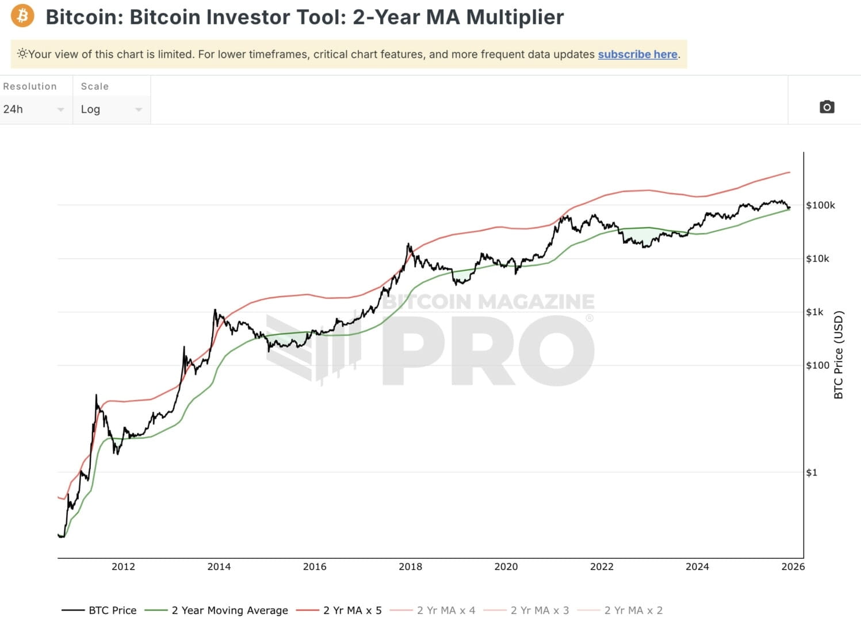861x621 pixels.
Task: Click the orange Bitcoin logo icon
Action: pos(22,16)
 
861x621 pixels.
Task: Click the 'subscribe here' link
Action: pos(637,54)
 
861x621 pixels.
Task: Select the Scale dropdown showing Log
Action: pos(111,109)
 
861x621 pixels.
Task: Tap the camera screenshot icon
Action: pos(826,107)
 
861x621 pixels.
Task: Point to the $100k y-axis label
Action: pos(820,205)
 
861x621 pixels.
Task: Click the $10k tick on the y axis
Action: pos(817,259)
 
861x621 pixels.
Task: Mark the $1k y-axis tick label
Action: pos(814,312)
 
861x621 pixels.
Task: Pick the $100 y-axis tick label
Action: pos(817,365)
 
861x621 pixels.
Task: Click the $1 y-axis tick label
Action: pos(811,473)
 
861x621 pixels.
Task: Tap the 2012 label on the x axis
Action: pos(123,567)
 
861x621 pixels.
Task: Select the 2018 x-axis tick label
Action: pos(410,567)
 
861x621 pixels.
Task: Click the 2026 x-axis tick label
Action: pos(793,567)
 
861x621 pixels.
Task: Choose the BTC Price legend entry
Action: pos(112,610)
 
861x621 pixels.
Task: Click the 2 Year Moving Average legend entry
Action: pos(229,610)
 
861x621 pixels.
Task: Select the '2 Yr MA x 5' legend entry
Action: pos(352,610)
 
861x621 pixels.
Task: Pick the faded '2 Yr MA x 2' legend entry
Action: pos(633,610)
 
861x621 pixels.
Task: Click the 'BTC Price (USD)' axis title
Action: pos(838,355)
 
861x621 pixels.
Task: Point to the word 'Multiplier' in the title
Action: pos(515,17)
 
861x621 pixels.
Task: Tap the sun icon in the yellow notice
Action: pos(22,54)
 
